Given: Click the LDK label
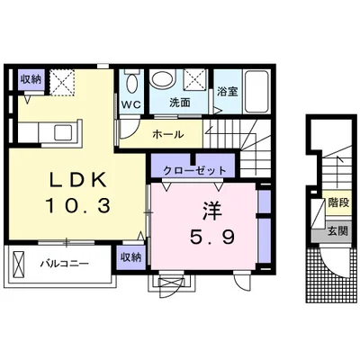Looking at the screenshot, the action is [x=78, y=181].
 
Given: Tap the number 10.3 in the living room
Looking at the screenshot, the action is [x=78, y=206].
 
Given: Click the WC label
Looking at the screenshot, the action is [x=131, y=105].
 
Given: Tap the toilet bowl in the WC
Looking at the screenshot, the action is [x=131, y=83].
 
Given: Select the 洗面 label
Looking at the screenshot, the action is [x=180, y=103].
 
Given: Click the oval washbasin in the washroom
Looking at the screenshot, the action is [x=162, y=79].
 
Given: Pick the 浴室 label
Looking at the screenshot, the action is [x=228, y=92].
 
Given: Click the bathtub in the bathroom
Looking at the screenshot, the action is [x=256, y=92].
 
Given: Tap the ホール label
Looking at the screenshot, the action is [x=167, y=134].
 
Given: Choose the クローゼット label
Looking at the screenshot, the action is [x=194, y=171].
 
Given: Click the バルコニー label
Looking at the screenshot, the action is [x=65, y=264].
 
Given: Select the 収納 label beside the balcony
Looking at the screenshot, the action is [x=130, y=257].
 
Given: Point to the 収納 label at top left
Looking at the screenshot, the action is [x=31, y=79].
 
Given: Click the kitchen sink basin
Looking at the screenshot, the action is [x=63, y=132].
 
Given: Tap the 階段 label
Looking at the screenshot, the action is [x=338, y=203].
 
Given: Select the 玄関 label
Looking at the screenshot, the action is [x=337, y=231].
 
